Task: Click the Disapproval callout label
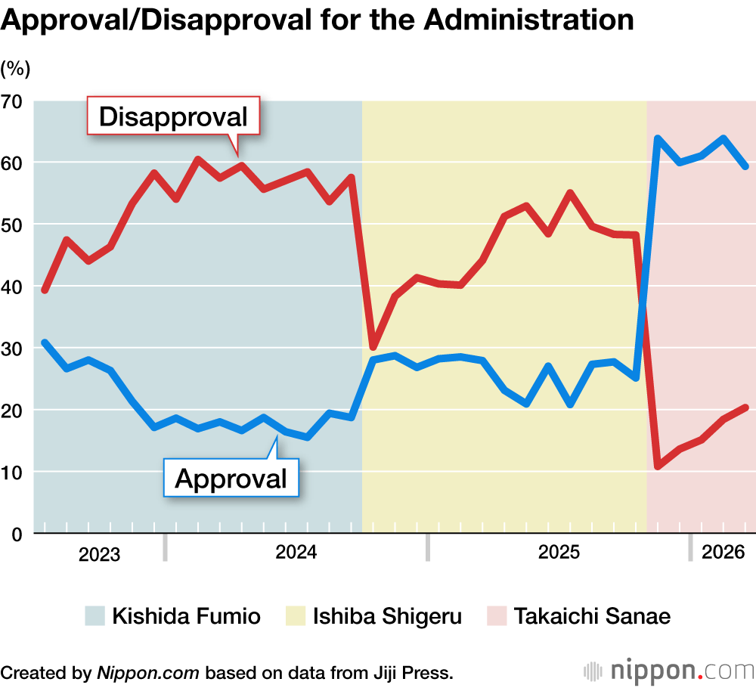point(173,117)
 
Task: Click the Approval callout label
point(231,478)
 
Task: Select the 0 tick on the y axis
point(17,534)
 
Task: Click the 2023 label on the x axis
point(99,555)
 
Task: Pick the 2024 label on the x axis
point(296,553)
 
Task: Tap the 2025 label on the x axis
point(559,553)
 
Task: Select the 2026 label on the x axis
point(723,553)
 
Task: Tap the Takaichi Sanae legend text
point(593,616)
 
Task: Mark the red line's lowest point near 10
point(658,466)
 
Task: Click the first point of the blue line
point(45,342)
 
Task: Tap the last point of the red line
point(745,408)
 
